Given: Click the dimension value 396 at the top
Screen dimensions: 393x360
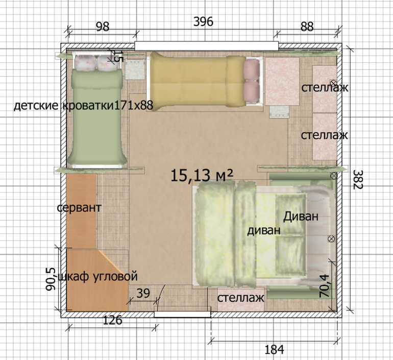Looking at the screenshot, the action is click(203, 21).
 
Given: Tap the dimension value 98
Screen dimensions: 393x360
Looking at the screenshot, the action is click(103, 27).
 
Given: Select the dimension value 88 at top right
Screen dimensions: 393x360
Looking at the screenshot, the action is click(307, 27).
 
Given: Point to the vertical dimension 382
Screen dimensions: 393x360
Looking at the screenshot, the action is click(358, 179).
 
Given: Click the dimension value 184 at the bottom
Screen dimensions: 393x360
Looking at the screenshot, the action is click(275, 349).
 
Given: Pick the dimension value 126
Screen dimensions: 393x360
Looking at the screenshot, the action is click(112, 320).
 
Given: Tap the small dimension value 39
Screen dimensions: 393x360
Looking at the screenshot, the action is click(143, 293).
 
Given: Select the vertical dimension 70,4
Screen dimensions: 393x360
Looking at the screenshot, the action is click(324, 286).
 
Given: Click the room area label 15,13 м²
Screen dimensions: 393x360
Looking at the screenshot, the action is click(202, 175).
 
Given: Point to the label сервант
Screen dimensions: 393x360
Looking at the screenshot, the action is click(79, 208).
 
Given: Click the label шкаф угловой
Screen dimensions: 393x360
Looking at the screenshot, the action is click(98, 276).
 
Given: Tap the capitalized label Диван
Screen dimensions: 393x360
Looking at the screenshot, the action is click(301, 216).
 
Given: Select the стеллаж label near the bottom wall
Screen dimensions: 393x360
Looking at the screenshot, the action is click(240, 298).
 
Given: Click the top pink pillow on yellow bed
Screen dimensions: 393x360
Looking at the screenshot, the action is click(252, 70).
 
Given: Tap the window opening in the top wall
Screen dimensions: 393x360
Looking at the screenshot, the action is click(207, 46).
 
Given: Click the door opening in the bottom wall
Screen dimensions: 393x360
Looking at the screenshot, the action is click(183, 314).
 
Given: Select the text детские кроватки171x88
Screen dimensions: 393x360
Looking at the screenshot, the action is click(83, 106).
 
